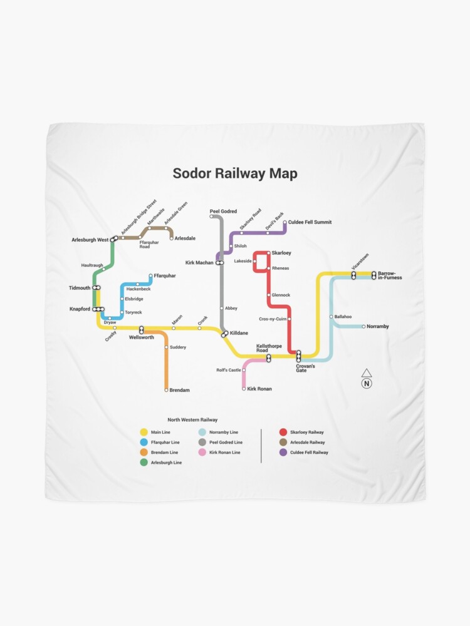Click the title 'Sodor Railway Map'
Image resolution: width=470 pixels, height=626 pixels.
pyautogui.click(x=235, y=173)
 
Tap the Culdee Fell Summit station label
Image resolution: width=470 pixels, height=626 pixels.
pyautogui.click(x=310, y=222)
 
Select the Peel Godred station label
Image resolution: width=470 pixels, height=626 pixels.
pyautogui.click(x=223, y=212)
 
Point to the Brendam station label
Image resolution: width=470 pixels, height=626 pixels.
pyautogui.click(x=179, y=390)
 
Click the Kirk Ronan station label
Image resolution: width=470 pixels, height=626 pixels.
pyautogui.click(x=259, y=389)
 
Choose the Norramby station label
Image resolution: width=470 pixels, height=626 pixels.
pyautogui.click(x=378, y=326)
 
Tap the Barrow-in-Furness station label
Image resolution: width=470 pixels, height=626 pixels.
pyautogui.click(x=390, y=275)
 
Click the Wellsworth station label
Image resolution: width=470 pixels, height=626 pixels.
pyautogui.click(x=141, y=337)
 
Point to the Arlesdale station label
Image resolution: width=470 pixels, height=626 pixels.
pyautogui.click(x=185, y=238)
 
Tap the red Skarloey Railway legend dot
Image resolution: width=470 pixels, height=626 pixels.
pyautogui.click(x=283, y=432)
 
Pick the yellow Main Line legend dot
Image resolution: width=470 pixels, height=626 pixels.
pyautogui.click(x=144, y=432)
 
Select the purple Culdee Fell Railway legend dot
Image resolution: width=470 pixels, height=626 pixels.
pyautogui.click(x=283, y=452)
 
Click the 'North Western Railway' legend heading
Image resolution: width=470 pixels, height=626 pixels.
pyautogui.click(x=192, y=419)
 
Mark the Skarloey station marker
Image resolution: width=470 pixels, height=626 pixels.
pyautogui.click(x=268, y=253)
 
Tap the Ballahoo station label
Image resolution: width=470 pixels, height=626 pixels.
pyautogui.click(x=343, y=317)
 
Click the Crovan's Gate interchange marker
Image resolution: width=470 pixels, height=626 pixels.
pyautogui.click(x=299, y=356)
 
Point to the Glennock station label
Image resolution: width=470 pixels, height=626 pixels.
pyautogui.click(x=281, y=295)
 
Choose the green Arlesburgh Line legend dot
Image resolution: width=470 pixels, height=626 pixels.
pyautogui.click(x=144, y=462)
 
